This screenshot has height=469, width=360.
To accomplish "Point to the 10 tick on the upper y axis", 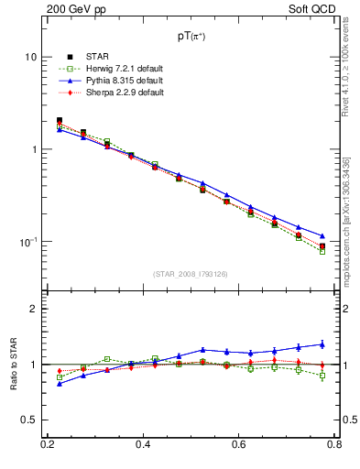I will click(30, 57).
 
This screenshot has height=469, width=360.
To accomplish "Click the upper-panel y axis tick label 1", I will click(33, 149).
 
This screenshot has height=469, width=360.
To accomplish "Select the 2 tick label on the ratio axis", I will click(33, 309).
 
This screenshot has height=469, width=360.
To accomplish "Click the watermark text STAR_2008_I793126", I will click(191, 274).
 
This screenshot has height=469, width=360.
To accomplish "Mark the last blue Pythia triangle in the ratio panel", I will click(322, 344).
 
